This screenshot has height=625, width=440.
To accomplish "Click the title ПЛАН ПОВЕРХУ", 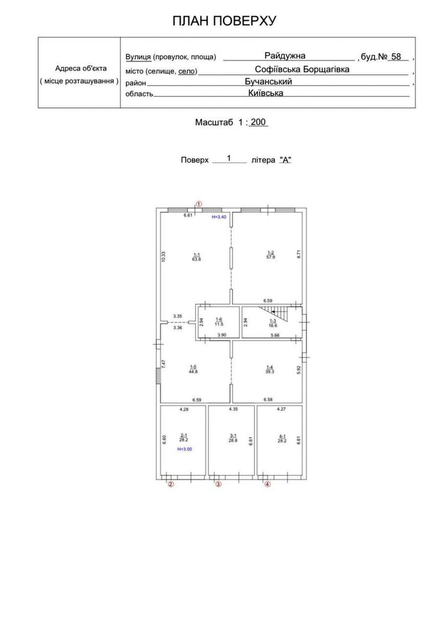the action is [224, 21].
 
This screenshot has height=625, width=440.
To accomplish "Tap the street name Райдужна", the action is [285, 56].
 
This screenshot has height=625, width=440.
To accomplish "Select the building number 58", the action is [396, 57].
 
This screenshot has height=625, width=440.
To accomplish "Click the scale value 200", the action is [258, 122].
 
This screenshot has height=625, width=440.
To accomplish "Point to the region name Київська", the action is [265, 93].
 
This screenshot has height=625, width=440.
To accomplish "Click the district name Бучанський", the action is [268, 81].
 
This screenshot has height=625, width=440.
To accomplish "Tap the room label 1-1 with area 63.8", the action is [197, 257].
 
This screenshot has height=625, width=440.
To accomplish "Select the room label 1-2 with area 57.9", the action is [271, 255].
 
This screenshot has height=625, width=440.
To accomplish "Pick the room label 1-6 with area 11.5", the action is [219, 322].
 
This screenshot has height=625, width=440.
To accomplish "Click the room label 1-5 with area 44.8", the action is [193, 369].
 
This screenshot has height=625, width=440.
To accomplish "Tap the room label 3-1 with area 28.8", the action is [233, 438].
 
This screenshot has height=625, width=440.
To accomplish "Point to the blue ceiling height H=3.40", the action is [219, 217].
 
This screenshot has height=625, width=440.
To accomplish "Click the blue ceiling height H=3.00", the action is [185, 449].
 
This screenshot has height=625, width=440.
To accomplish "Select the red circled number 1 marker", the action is [198, 204].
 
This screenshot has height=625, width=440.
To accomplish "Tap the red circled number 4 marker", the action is [267, 484].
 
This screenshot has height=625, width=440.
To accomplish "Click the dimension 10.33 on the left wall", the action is [164, 256].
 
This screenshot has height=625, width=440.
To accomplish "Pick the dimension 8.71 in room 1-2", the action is [299, 254].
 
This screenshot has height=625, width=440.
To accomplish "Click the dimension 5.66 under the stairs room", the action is [275, 335].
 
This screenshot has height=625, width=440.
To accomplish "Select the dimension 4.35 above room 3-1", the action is [233, 409].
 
